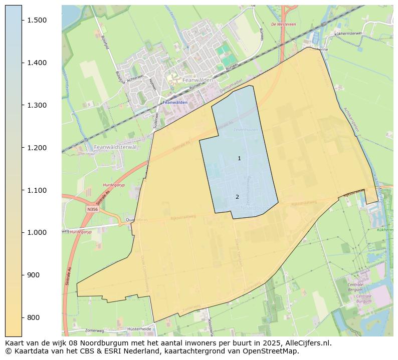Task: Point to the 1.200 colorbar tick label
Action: click(37, 148)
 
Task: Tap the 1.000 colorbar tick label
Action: click(37, 232)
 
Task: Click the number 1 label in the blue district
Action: click(239, 158)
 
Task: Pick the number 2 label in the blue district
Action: click(237, 197)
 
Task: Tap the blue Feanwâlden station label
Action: click(175, 102)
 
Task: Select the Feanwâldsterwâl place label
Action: click(115, 147)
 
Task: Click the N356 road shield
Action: click(92, 209)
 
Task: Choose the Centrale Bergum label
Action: click(355, 287)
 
